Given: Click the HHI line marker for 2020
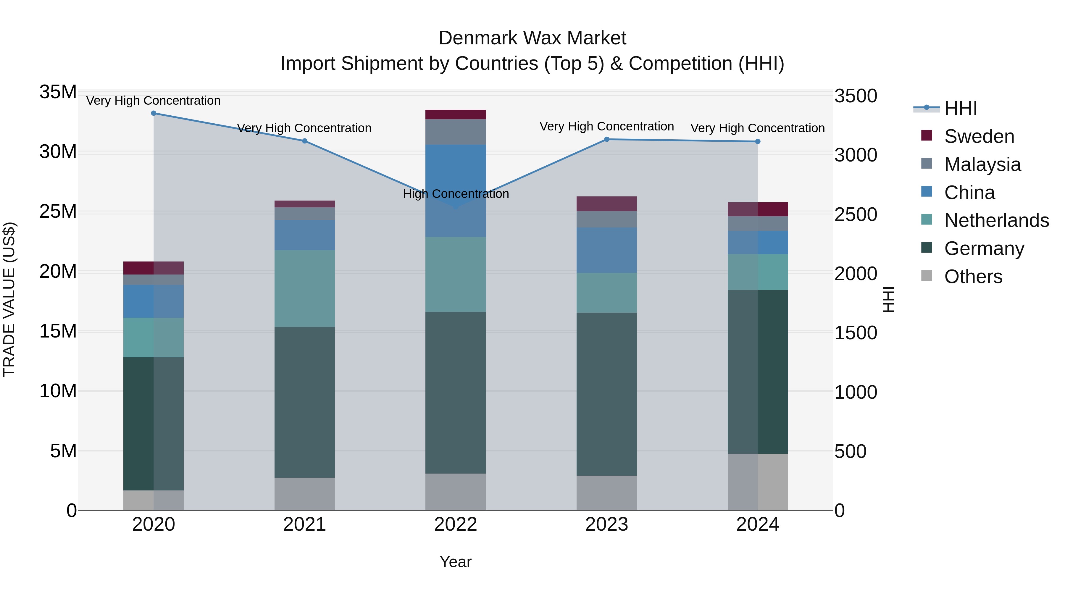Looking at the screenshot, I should [153, 113].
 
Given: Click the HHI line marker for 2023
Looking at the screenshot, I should [606, 139].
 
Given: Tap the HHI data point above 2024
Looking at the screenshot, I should [757, 141].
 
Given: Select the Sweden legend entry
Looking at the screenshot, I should [979, 136].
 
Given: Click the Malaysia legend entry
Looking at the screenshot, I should [982, 164].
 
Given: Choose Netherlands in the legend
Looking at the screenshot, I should [996, 220].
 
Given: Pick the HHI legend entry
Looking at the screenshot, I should [960, 108].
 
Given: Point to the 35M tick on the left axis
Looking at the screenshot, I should [58, 92].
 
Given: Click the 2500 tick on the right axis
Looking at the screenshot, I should [855, 214].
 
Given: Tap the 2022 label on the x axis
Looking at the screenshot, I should [456, 524].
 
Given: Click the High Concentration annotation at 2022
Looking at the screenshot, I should [456, 193].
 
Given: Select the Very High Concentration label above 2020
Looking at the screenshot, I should [153, 101].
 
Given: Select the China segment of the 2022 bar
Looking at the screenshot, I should [456, 190].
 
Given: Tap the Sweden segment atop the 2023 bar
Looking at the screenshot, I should [606, 204].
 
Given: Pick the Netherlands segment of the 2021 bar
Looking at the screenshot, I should [304, 288].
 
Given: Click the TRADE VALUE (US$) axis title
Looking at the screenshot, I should [9, 299].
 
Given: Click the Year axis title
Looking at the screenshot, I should [456, 562].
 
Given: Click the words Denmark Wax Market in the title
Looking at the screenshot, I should [532, 38].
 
